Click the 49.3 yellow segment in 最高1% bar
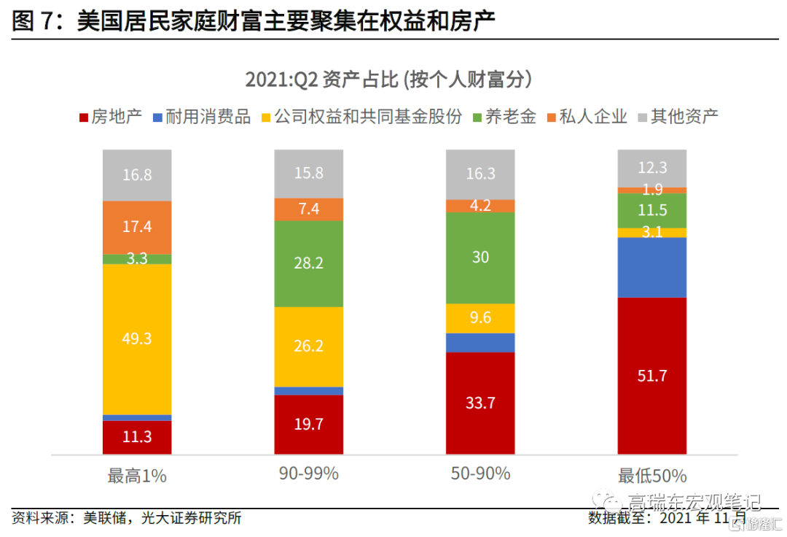137,339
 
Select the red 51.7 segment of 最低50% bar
652,375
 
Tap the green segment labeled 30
480,257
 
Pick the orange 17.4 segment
137,227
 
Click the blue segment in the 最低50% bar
652,267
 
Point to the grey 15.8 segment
308,174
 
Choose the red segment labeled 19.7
308,424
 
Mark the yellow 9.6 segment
480,318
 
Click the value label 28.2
308,263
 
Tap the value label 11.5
652,211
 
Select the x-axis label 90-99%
308,474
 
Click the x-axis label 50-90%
480,474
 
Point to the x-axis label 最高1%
137,476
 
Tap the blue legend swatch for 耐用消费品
158,117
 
